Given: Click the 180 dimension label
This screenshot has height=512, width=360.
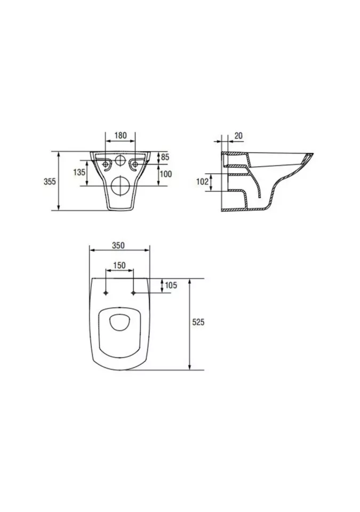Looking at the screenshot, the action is (121, 135).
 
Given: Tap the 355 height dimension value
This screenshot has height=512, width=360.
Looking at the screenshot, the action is (50, 181).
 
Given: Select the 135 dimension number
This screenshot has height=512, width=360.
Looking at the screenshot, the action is (79, 172).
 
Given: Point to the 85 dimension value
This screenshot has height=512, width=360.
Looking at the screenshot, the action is (165, 157).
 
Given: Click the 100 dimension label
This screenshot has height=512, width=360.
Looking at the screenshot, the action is (166, 173).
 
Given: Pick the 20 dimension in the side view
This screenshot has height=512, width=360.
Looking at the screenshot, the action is (239, 135).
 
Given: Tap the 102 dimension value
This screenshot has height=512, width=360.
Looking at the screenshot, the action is (202, 181).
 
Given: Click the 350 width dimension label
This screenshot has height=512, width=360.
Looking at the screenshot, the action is (118, 245).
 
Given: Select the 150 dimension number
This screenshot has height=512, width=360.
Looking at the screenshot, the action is (119, 266).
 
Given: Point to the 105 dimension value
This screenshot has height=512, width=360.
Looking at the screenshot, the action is (171, 285).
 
